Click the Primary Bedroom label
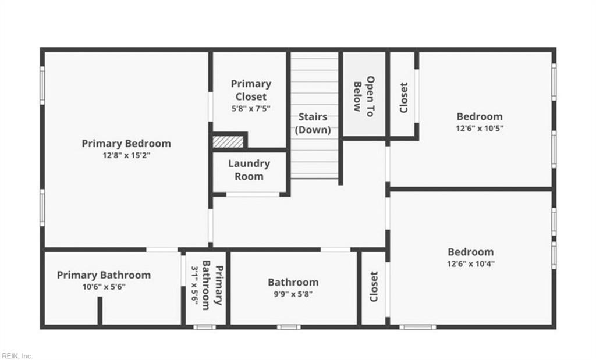126,144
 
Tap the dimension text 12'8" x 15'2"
126,155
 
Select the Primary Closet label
251,90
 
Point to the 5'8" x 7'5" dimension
251,109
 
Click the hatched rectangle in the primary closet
228,142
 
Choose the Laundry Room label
249,170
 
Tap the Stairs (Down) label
313,123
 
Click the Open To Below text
364,96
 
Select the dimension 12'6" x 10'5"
480,129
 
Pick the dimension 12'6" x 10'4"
470,264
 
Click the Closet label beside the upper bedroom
404,98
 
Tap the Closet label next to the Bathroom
374,287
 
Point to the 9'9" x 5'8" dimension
293,294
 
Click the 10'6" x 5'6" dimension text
104,287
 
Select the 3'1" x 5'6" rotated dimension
194,285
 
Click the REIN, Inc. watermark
16,356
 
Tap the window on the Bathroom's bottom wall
289,327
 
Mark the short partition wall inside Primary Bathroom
100,311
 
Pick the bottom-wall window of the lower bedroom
418,327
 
